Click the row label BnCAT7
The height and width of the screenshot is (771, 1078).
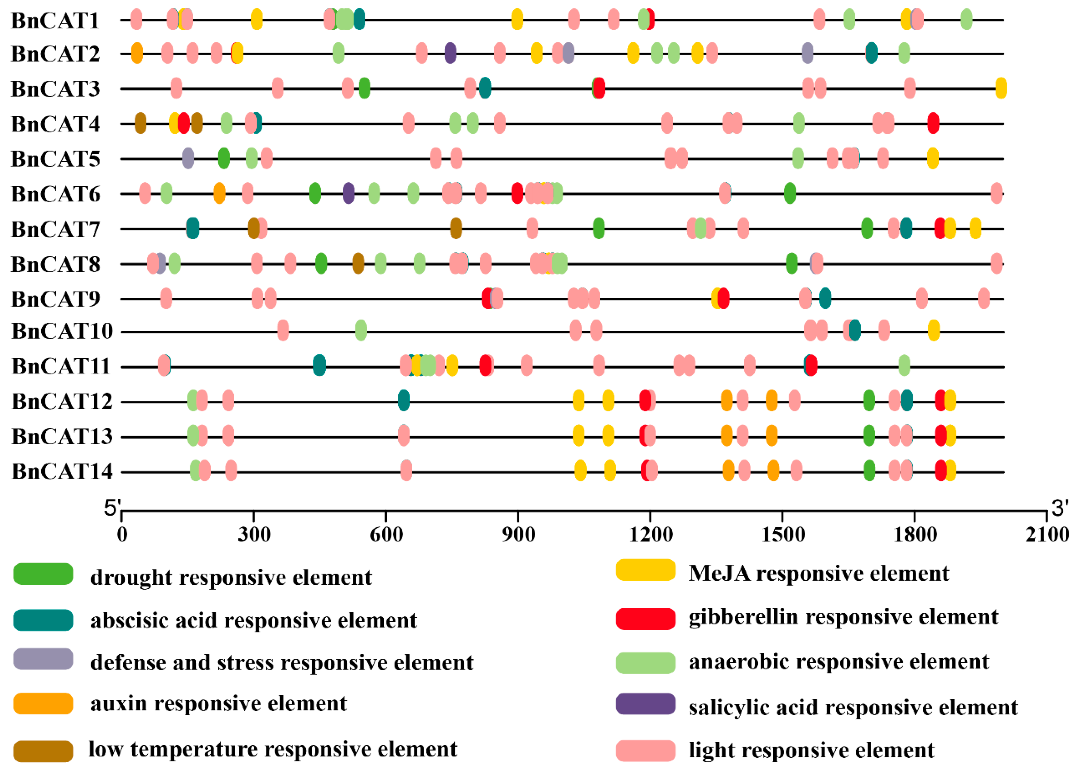(x=56, y=229)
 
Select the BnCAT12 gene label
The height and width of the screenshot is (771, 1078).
(x=62, y=402)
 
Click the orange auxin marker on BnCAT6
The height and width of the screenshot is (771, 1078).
(x=219, y=193)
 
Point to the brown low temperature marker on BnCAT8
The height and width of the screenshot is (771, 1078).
(x=358, y=263)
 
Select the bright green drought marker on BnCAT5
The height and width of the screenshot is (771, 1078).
(x=224, y=158)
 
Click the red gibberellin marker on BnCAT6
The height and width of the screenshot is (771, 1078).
(x=517, y=193)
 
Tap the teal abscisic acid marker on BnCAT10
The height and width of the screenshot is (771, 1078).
(x=855, y=331)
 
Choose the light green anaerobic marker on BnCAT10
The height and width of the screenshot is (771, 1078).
(x=360, y=331)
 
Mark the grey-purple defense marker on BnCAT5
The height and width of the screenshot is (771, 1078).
(x=188, y=158)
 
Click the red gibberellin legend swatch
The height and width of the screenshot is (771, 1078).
(x=645, y=619)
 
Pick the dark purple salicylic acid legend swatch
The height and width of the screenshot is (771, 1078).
(x=645, y=704)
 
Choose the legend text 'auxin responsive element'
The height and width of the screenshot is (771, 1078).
(x=219, y=704)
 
